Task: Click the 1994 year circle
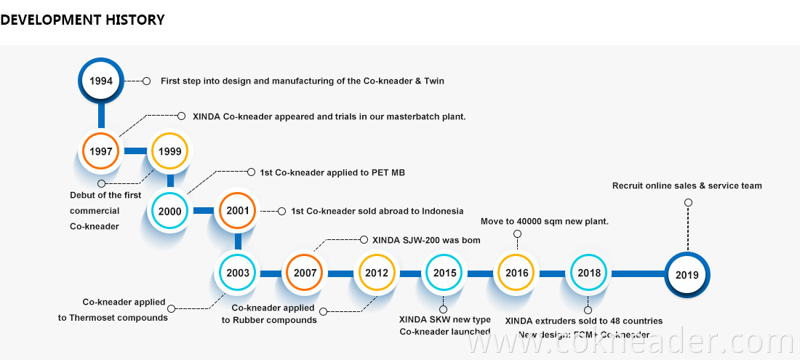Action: (101, 81)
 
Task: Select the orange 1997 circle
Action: (101, 151)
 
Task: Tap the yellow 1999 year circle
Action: (169, 151)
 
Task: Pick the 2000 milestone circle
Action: (169, 212)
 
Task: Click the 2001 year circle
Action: (238, 212)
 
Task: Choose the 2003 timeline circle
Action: (238, 273)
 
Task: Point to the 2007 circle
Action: (305, 273)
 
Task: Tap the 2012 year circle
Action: (376, 273)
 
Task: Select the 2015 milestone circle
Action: (445, 273)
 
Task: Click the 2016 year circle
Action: (516, 273)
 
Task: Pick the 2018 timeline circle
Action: (589, 273)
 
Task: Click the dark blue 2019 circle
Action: (687, 275)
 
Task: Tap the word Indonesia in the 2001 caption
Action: (439, 211)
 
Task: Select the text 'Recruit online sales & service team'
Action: (687, 185)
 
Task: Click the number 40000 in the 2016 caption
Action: (529, 221)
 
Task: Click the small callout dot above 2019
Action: (688, 202)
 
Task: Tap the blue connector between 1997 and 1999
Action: (135, 151)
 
